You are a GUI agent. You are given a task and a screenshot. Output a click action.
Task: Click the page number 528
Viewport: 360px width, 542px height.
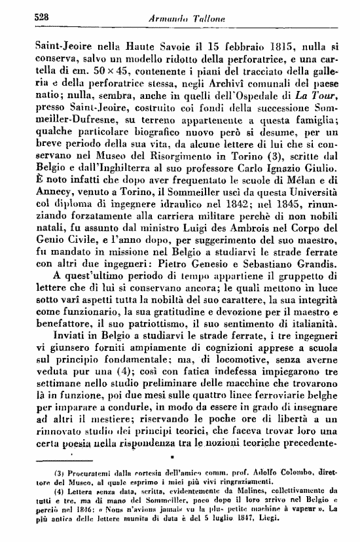click(x=25, y=20)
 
